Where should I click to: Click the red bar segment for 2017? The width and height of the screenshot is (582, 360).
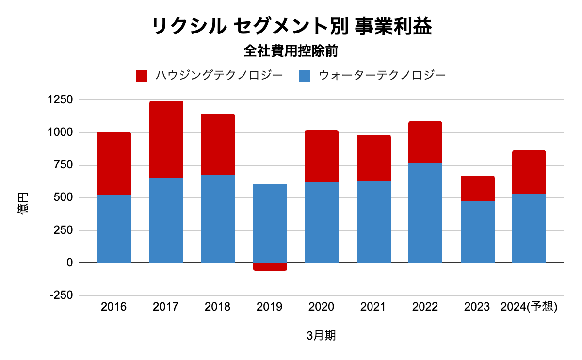[166, 139]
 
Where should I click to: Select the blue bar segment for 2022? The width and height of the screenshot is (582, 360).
[425, 213]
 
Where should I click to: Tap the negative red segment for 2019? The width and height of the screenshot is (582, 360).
[270, 266]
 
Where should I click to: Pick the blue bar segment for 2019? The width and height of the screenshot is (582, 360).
[270, 223]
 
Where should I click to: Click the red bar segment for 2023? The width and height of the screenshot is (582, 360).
[477, 188]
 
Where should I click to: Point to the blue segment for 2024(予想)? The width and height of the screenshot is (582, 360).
[529, 228]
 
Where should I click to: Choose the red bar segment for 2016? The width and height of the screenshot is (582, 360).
[114, 164]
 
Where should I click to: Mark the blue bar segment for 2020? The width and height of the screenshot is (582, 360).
[322, 222]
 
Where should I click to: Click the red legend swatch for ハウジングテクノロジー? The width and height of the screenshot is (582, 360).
[142, 76]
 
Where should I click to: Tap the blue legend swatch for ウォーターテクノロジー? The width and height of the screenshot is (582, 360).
[304, 76]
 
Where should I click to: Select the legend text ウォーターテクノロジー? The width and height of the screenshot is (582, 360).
[382, 76]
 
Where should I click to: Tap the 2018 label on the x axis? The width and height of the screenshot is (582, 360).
[218, 307]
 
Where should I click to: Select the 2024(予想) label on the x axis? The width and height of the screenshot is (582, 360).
[529, 307]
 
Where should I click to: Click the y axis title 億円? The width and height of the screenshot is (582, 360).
[24, 204]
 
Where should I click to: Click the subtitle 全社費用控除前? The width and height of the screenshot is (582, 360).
[291, 50]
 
